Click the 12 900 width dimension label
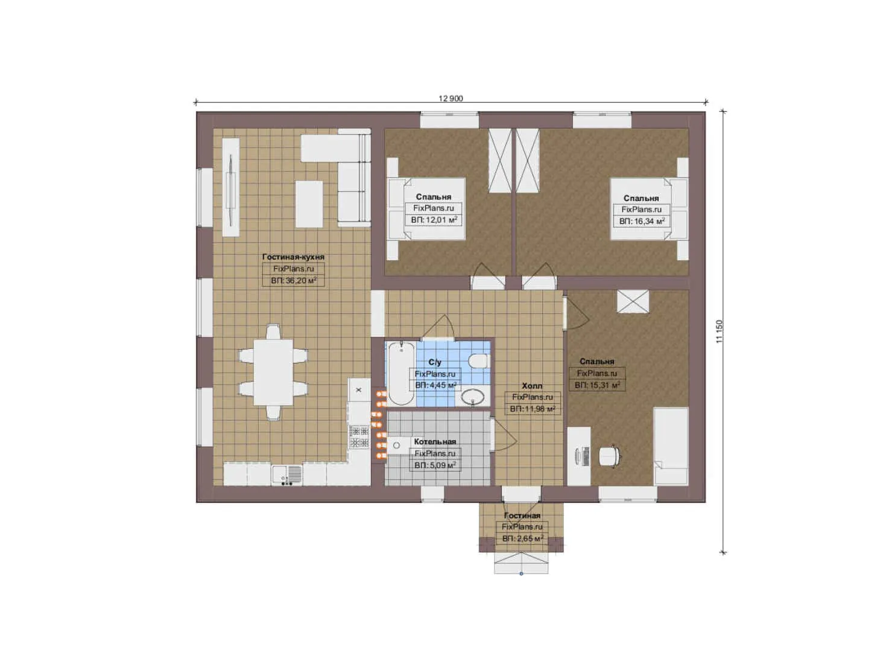[x=451, y=98]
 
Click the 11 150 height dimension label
[x=720, y=331]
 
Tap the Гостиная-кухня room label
[x=293, y=257]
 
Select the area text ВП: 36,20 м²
[x=293, y=281]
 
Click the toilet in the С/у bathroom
[x=478, y=361]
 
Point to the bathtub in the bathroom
[x=401, y=374]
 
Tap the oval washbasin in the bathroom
[x=473, y=397]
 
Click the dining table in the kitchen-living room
[x=273, y=372]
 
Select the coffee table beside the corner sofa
[x=309, y=204]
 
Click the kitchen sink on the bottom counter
[x=287, y=475]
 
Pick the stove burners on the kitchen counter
[x=359, y=436]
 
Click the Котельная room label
[x=435, y=441]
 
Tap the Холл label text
[x=532, y=386]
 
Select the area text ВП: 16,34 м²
[x=642, y=221]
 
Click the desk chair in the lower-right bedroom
[x=610, y=456]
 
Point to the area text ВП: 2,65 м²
[x=522, y=539]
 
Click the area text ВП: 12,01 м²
[x=434, y=220]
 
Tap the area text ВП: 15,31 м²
[x=597, y=385]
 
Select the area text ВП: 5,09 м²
[x=435, y=465]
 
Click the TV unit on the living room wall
[x=230, y=187]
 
